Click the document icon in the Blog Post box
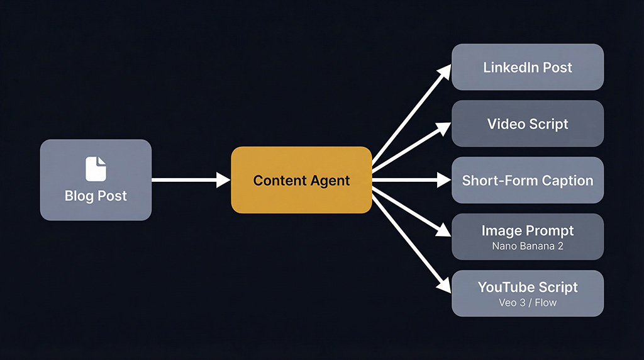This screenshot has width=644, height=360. click(96, 169)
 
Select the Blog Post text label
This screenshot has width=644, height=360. click(96, 196)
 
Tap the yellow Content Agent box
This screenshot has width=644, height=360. click(301, 180)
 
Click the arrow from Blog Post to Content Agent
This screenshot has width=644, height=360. click(189, 180)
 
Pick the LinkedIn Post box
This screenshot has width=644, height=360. click(527, 67)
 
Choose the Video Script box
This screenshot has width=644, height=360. click(527, 123)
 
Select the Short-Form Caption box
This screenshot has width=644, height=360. click(527, 180)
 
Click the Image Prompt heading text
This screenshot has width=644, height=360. click(527, 231)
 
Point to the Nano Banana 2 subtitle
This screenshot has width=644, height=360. click(527, 246)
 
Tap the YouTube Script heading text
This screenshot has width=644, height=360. click(527, 288)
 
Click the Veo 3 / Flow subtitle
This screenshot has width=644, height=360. click(527, 303)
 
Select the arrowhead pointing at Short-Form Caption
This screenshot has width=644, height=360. click(445, 180)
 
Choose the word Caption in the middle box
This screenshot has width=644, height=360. click(565, 181)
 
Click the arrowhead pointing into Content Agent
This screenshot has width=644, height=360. click(224, 180)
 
